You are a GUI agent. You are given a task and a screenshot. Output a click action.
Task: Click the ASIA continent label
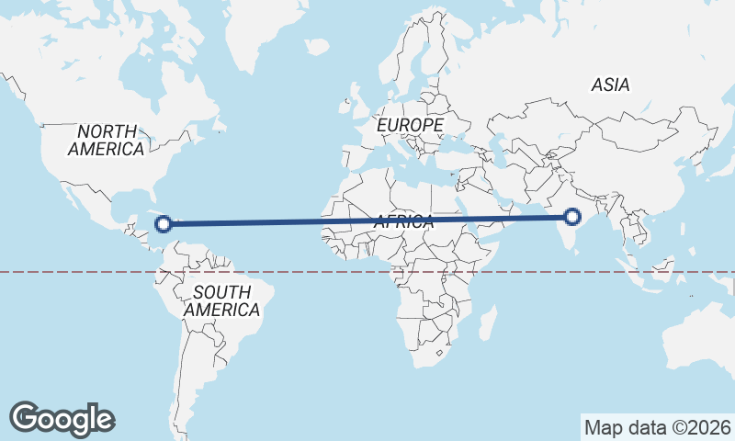pos(611,85)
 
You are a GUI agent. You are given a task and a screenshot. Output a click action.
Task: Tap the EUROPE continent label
pos(410,124)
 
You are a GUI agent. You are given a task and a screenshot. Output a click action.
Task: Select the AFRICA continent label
pos(403,221)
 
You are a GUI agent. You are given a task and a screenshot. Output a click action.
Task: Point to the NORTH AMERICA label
pos(107,140)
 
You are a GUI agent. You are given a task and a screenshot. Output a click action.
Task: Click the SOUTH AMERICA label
pos(221,301)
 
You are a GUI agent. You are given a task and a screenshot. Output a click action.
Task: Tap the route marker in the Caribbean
pos(164,222)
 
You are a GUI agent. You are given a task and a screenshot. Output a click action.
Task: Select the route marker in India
pos(572,217)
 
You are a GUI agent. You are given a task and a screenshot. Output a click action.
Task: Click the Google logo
pos(62,419)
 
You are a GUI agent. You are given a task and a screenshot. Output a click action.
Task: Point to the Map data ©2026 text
pos(657,427)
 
